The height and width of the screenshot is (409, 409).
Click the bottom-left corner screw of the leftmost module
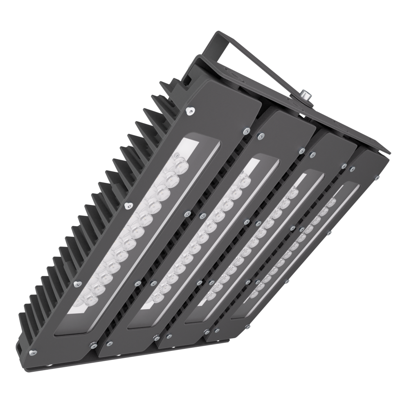click(34, 350)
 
